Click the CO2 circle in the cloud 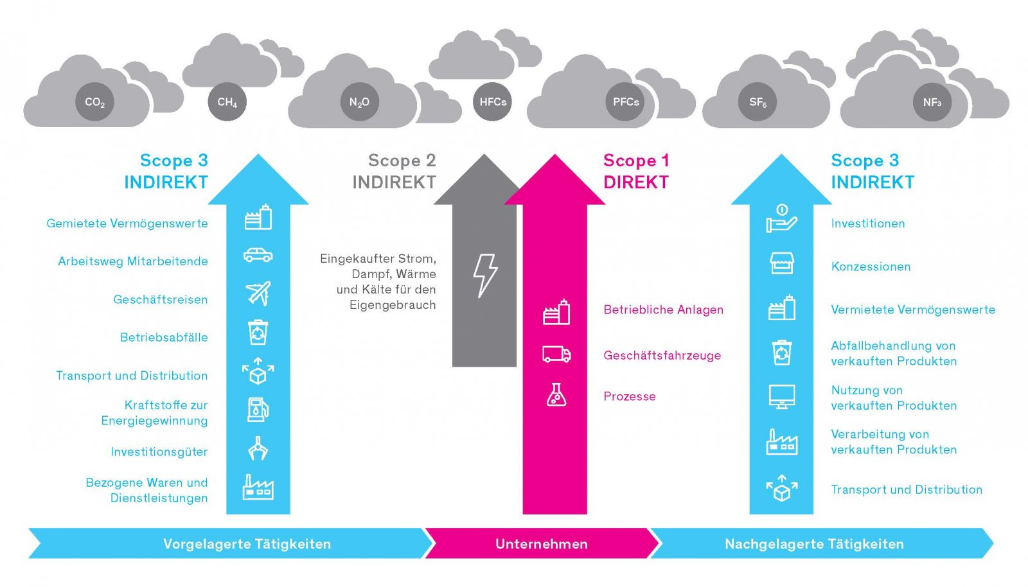coord(95,102)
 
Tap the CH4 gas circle coord(227,102)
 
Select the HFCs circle coord(492,102)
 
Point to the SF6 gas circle coord(758,102)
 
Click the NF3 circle coord(932,102)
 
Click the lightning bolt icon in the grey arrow coord(485,275)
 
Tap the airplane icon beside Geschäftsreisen coord(258,293)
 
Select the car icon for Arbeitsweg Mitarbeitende coord(258,255)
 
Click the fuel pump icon coord(258,410)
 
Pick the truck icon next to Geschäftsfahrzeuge coord(556,355)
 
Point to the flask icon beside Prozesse coord(556,395)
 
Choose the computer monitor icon coord(782,397)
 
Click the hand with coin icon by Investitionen coord(782,219)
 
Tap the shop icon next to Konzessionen coord(781,263)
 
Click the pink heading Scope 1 coord(637,161)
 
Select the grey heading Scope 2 coord(402,161)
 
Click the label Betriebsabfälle coord(164,338)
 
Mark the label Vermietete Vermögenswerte coord(913,310)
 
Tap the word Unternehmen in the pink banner coord(542,545)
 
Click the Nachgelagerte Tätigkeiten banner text coord(814,545)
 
